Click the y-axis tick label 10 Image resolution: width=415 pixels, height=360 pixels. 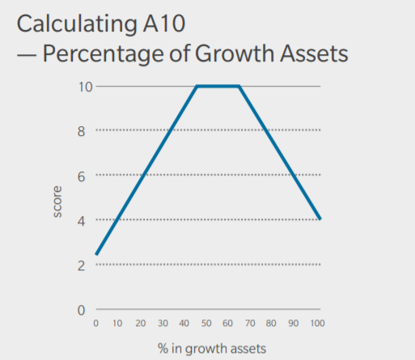tap(84, 86)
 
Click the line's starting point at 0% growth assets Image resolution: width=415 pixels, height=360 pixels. tap(96, 254)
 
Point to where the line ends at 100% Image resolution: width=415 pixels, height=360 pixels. tap(321, 218)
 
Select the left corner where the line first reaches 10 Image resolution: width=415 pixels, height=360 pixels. tap(197, 86)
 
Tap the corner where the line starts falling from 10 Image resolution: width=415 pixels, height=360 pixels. tap(239, 86)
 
